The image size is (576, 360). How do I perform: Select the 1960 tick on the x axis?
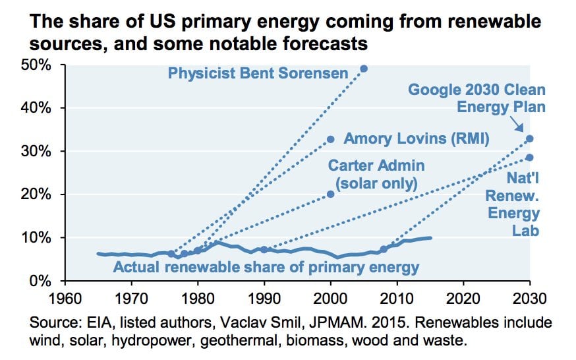[64, 298]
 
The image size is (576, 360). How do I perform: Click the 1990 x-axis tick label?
[264, 298]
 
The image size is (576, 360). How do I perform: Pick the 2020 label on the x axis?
[463, 298]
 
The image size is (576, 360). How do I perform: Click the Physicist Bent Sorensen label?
[258, 73]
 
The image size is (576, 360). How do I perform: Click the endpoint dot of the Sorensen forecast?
[364, 69]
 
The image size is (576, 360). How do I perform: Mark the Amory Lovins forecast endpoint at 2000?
[331, 139]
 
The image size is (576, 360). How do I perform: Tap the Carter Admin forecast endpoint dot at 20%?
[331, 194]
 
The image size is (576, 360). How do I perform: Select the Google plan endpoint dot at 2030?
[530, 138]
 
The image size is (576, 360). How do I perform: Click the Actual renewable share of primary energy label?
[266, 266]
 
